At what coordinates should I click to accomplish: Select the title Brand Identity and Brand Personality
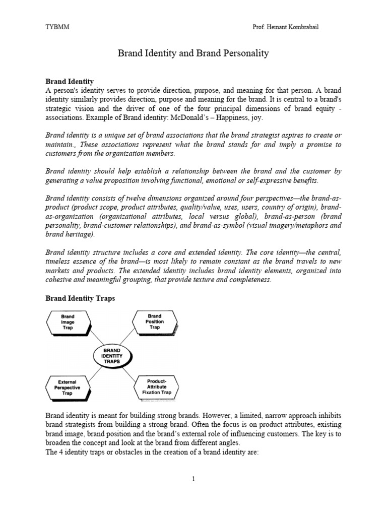point(193,53)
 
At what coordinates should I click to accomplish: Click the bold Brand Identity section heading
point(70,81)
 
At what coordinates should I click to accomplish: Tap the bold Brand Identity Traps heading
point(80,298)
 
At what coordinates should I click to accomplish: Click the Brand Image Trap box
point(68,321)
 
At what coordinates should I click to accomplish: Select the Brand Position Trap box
point(155,321)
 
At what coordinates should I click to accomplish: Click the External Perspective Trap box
point(68,389)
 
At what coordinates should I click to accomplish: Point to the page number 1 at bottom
point(193,479)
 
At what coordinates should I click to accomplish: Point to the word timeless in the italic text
point(60,262)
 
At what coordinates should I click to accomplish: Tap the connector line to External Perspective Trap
point(87,372)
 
